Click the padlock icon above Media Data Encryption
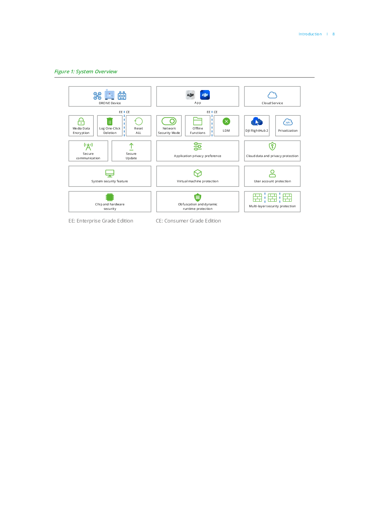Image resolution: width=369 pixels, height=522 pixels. [81, 121]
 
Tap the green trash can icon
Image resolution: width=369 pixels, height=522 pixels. [110, 121]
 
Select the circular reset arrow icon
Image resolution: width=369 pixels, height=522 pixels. [138, 121]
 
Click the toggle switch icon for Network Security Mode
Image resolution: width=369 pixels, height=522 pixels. [169, 121]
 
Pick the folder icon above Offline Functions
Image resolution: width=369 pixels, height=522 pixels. [198, 121]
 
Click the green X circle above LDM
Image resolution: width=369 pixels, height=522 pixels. [226, 121]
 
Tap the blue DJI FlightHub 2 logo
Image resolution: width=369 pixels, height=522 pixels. [257, 121]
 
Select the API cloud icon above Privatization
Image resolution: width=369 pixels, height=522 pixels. [288, 122]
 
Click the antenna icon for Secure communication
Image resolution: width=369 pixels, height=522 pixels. [88, 147]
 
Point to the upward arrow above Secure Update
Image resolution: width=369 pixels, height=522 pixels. [131, 147]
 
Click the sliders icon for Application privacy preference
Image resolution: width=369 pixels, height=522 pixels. [198, 147]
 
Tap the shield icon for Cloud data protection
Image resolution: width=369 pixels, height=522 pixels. [272, 146]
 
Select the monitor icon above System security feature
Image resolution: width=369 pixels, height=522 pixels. [110, 173]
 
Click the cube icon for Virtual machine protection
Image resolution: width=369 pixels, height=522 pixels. [198, 173]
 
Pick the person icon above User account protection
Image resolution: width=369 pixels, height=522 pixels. [272, 173]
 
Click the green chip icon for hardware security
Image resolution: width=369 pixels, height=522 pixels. [110, 197]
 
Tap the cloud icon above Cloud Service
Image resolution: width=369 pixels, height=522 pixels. [272, 95]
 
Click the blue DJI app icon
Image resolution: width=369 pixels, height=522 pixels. [205, 95]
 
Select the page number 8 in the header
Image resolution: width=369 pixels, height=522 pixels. [333, 34]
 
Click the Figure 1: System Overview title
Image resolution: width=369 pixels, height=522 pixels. [86, 71]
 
